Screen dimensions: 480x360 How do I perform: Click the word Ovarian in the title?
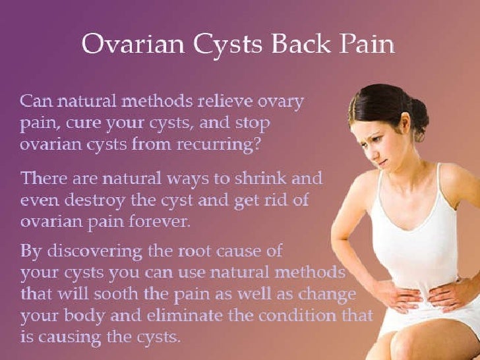133,44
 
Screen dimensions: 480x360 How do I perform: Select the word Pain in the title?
367,44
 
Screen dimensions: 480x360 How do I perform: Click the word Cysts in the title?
228,45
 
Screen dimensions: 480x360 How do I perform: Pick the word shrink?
260,178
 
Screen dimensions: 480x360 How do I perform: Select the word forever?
158,222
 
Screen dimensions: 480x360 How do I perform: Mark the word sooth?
116,294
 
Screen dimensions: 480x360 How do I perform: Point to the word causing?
69,338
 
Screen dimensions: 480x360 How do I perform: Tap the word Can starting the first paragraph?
37,101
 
